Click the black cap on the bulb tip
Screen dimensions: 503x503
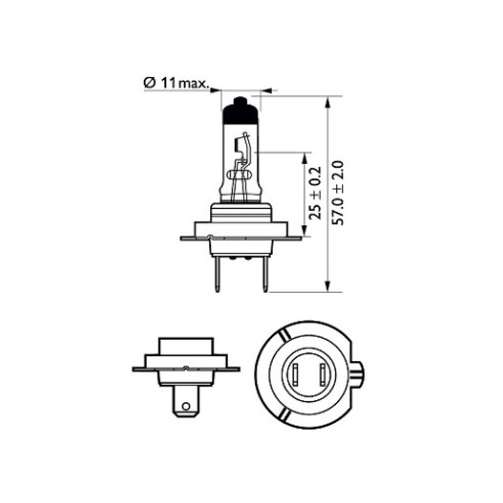(241, 111)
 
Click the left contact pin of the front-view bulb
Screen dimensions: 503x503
(218, 274)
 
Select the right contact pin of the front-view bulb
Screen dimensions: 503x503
(265, 274)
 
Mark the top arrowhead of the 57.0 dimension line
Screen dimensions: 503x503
(328, 101)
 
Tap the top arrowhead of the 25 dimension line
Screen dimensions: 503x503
(306, 157)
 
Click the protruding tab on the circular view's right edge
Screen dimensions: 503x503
(357, 375)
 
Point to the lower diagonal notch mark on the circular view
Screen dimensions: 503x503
(285, 416)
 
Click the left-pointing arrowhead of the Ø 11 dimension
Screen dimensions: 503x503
(265, 91)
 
